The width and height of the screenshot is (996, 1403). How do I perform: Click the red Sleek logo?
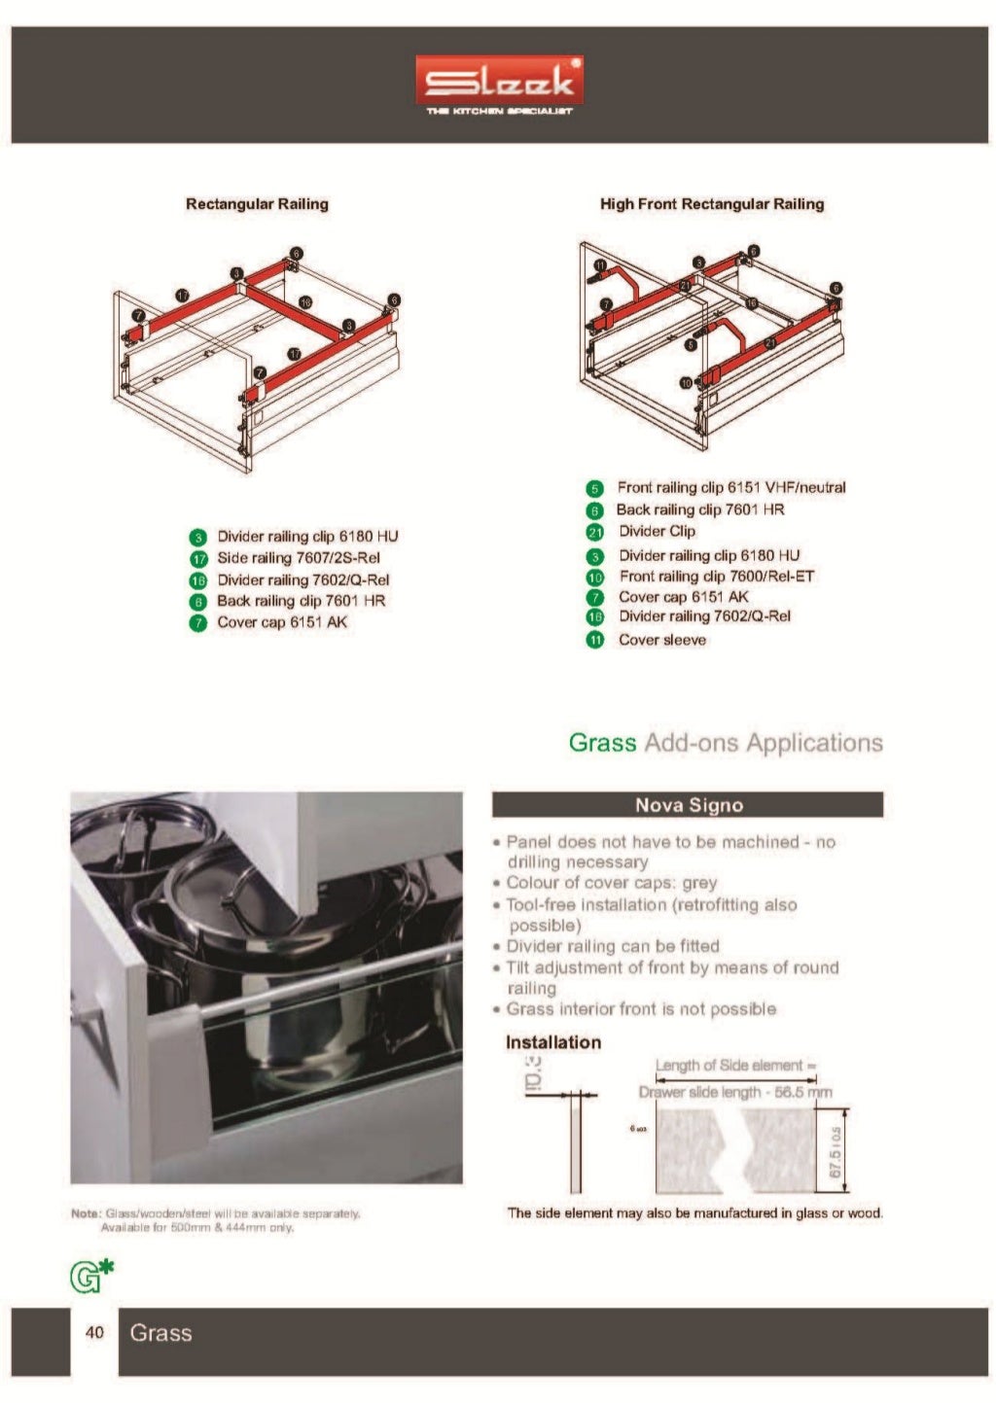coord(499,81)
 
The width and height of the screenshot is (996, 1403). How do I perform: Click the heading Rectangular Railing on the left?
coord(257,204)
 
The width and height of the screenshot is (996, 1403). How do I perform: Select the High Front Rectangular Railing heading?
coord(711,204)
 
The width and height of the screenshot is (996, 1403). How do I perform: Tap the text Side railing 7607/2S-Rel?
coord(298,558)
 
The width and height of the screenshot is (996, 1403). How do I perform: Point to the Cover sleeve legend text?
coord(662,640)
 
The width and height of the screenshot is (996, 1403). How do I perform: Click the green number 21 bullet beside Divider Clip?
coord(595,532)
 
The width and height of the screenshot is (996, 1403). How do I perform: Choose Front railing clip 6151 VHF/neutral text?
coord(731,487)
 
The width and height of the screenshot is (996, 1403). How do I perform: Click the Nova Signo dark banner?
coord(688,805)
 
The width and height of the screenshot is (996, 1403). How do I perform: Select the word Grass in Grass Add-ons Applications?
coord(602,743)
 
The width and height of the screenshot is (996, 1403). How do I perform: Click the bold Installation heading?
coord(552,1042)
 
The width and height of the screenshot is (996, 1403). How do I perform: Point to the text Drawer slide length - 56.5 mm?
coord(735,1092)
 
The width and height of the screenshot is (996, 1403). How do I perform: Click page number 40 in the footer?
coord(94,1332)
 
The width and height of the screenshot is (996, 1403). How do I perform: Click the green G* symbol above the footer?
coord(90,1275)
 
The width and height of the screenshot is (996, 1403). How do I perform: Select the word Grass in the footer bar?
coord(160,1333)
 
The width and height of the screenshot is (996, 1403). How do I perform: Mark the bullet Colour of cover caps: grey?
coord(611,883)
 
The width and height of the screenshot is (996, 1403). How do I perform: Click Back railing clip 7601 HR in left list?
coord(301,601)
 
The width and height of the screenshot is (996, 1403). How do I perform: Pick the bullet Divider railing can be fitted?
coord(613,946)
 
